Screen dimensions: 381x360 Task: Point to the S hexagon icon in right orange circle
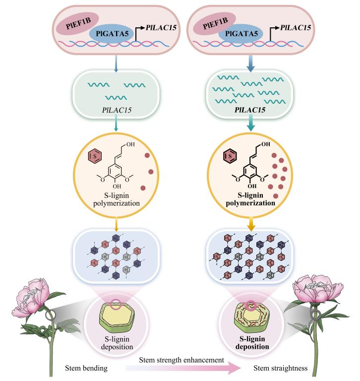point(231,157)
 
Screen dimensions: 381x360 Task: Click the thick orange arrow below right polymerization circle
point(251,221)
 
